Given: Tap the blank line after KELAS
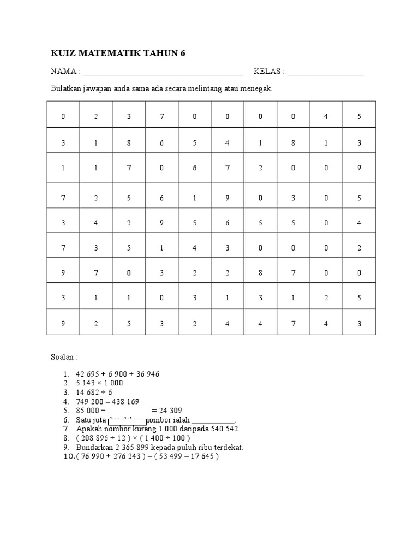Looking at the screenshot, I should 325,72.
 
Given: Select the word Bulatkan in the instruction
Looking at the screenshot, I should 66,88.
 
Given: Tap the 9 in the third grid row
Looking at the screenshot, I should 359,168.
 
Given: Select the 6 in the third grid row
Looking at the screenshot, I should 195,168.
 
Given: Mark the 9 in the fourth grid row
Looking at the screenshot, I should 228,198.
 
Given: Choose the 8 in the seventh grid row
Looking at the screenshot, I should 260,273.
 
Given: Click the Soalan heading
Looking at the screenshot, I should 64,357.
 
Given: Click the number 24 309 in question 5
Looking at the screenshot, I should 170,411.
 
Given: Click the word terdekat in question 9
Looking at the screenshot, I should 228,447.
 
